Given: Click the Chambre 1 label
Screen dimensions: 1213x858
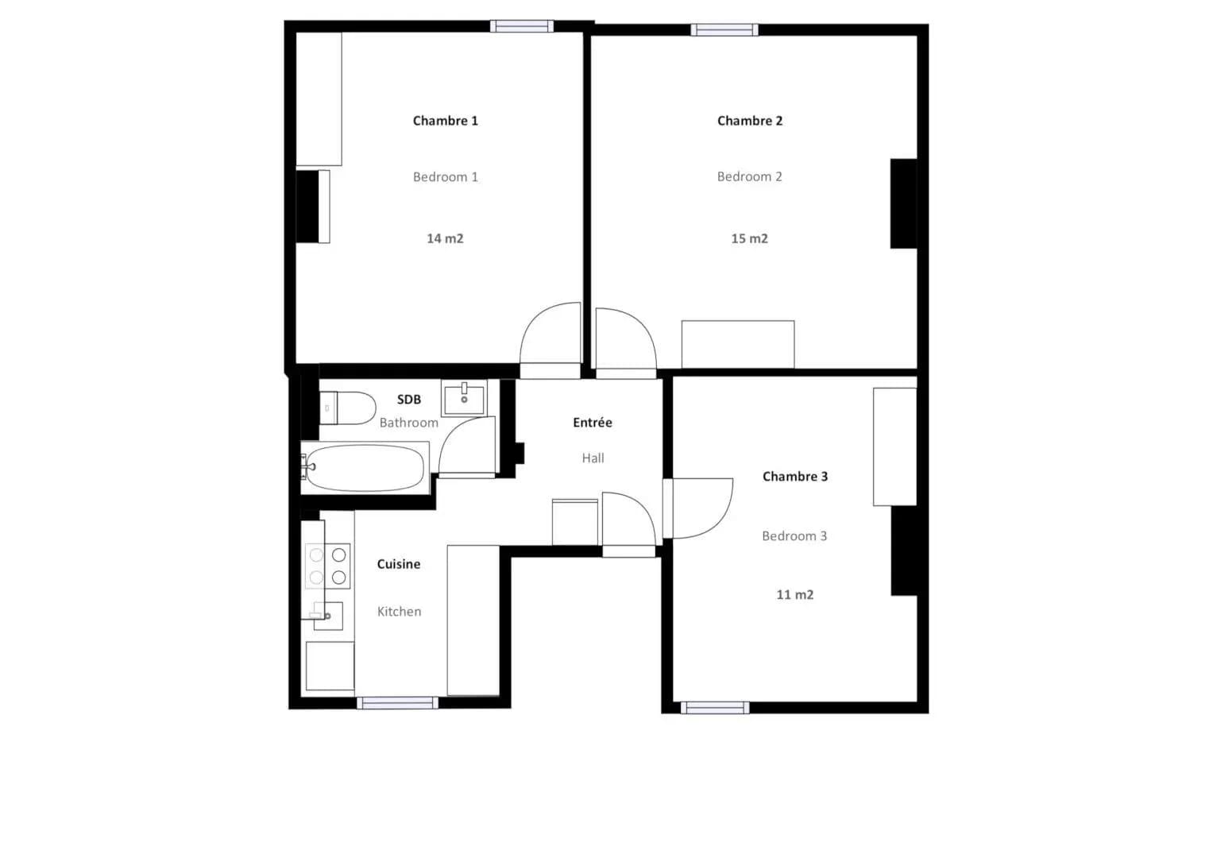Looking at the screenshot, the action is [x=445, y=120].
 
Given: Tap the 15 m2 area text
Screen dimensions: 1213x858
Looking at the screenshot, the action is [x=749, y=238].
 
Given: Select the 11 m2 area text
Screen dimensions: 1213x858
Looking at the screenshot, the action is [x=795, y=595].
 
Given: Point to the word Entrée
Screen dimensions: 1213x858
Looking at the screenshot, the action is [x=593, y=422].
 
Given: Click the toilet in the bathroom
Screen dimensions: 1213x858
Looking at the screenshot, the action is [x=348, y=408].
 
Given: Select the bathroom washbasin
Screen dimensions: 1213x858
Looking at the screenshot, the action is [x=464, y=398].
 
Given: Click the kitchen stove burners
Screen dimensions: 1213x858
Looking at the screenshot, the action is [x=327, y=566].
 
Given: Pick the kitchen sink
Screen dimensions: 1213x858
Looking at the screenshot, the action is [x=327, y=616].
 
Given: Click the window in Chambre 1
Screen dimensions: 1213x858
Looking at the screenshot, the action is [x=522, y=26].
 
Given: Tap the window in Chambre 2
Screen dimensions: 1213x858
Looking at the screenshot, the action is [x=724, y=30].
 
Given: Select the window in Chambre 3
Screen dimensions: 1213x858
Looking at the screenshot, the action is [x=715, y=707].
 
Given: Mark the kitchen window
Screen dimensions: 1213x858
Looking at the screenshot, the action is [x=397, y=703].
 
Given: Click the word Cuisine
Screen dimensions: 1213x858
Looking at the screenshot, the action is [x=399, y=564].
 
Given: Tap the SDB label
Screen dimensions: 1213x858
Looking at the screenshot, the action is [x=409, y=399].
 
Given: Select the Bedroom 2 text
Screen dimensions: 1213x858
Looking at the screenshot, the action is [x=749, y=176].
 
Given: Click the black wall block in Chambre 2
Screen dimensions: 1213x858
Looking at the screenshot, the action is [x=904, y=203].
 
